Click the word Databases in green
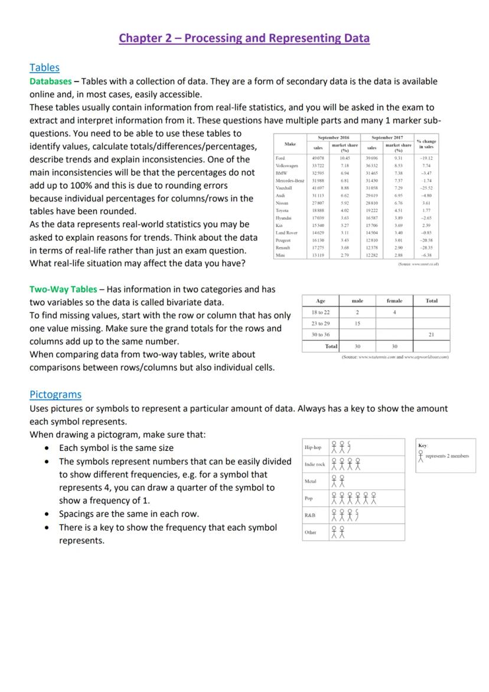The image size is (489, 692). coord(51,81)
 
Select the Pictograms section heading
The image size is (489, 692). coord(56,394)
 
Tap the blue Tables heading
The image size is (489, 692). coord(44,67)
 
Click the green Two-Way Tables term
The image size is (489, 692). coord(63,289)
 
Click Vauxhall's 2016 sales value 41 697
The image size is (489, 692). coord(317,187)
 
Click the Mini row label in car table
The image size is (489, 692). coord(281,255)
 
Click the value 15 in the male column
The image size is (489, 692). coord(357,323)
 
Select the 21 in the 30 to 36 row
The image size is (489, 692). coord(431,334)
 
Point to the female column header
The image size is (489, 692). coord(394,301)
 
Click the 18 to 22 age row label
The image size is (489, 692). coord(320,312)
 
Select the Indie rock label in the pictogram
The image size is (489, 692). coord(314,464)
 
